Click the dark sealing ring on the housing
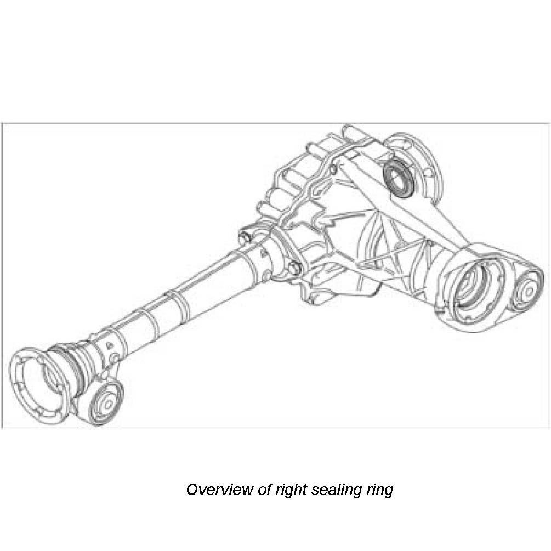[x=399, y=177]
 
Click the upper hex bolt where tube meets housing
[x=246, y=237]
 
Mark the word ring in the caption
[x=379, y=489]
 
